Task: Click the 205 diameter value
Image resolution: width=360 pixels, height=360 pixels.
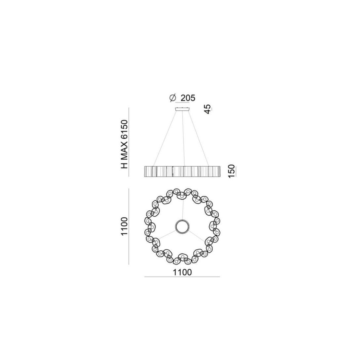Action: pyautogui.click(x=188, y=98)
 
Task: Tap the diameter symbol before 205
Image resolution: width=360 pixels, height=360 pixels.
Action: pyautogui.click(x=172, y=98)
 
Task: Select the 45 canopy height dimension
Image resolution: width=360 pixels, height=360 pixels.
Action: pyautogui.click(x=207, y=109)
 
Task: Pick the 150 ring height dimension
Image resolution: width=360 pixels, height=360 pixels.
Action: pyautogui.click(x=232, y=171)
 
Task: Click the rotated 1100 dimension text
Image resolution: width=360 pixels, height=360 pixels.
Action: pyautogui.click(x=124, y=226)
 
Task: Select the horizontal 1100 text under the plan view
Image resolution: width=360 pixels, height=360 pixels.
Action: pyautogui.click(x=182, y=272)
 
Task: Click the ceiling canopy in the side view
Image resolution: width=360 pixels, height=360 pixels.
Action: pyautogui.click(x=183, y=109)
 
